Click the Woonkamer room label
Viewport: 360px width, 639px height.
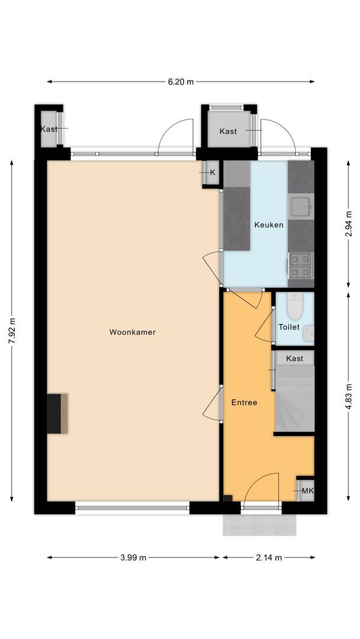coord(132,333)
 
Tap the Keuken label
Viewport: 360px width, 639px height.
coord(269,225)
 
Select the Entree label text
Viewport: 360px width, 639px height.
coord(244,402)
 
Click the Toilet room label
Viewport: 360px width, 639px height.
coord(289,327)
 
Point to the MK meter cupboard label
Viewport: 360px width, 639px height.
coord(307,491)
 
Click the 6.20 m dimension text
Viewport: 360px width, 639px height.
coord(181,82)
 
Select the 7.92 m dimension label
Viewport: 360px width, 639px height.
coord(12,334)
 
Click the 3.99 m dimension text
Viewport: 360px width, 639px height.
coord(133,557)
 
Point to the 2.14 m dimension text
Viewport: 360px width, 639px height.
coord(269,557)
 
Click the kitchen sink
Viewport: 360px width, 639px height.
coord(300,206)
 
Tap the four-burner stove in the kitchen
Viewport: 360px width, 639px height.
coord(300,265)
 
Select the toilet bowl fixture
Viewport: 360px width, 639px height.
coord(294,306)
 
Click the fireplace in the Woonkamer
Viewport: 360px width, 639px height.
coord(58,414)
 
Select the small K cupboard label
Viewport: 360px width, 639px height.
coord(212,172)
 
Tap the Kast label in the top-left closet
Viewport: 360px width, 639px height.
coord(49,129)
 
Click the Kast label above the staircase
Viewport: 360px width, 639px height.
coord(294,359)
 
